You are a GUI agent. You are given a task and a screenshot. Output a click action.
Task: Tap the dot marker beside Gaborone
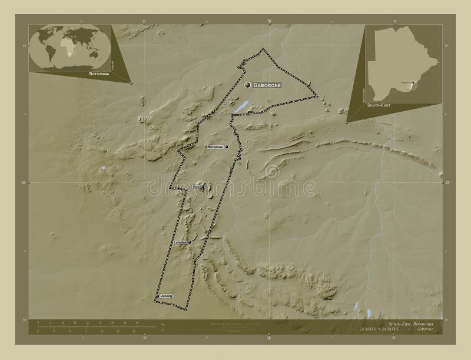(248, 85)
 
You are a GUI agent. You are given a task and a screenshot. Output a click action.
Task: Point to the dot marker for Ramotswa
(226, 146)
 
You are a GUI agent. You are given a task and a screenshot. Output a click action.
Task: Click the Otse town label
(196, 186)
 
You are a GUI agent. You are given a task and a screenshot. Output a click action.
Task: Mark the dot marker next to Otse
(203, 187)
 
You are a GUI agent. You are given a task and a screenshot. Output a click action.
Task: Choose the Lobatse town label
(180, 242)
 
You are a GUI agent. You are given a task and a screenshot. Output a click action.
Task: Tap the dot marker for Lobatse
(190, 242)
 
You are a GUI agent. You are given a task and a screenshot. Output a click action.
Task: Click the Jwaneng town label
(166, 296)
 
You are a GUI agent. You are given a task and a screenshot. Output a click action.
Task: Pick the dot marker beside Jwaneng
(158, 296)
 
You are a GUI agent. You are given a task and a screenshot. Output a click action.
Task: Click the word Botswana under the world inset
(98, 74)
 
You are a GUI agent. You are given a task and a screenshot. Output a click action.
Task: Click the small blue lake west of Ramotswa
(104, 168)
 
